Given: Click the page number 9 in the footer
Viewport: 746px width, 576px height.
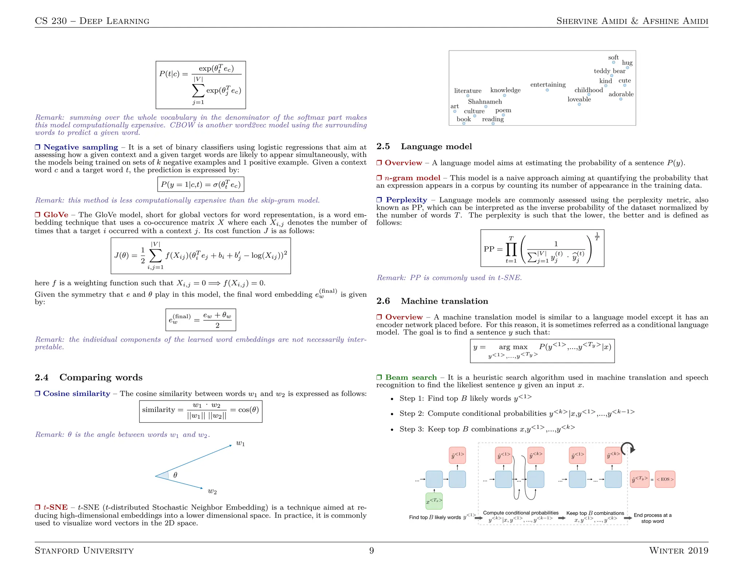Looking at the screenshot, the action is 371,551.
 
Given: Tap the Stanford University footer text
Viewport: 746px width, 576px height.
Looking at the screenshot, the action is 84,551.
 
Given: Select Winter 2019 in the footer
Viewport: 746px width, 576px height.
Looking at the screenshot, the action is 678,551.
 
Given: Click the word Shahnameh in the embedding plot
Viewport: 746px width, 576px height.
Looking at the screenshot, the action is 484,102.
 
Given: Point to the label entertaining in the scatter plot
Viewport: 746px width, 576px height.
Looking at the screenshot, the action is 548,84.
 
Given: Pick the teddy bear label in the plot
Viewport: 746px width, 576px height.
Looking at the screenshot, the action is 609,71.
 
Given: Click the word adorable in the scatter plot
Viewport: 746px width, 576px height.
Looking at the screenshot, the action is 621,94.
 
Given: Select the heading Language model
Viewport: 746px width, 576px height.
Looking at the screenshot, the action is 436,146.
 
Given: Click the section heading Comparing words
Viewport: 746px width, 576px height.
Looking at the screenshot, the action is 101,377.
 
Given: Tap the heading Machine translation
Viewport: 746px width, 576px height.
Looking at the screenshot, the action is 444,301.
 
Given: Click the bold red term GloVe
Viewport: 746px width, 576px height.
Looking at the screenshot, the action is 56,215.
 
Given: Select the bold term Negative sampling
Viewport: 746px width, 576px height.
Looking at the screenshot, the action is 81,147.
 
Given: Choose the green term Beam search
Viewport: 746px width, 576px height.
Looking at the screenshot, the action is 411,377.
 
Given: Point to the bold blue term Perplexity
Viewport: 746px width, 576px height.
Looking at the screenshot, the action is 406,200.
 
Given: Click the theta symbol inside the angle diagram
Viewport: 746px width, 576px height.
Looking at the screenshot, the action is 175,475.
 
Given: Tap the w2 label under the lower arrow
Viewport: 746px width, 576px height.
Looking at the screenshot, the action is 212,492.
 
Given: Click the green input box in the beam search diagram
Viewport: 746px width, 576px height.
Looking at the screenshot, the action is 434,501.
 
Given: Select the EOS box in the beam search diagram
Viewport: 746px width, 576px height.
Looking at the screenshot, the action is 665,479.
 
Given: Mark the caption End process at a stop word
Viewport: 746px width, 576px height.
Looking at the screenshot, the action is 652,518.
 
